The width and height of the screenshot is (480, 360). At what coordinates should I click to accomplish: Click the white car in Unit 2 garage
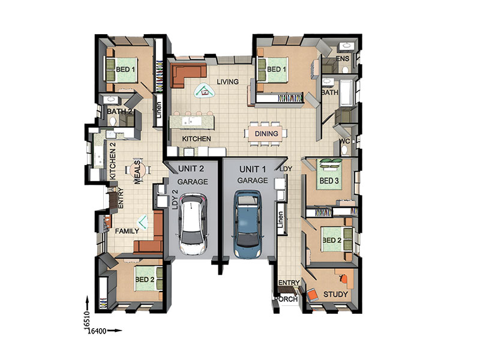click(193, 224)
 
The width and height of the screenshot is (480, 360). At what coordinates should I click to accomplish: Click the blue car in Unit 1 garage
click(248, 224)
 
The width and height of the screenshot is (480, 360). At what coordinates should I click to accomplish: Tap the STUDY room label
click(335, 295)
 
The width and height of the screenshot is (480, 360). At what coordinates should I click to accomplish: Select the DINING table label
click(266, 134)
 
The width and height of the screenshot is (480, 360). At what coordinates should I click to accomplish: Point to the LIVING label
click(227, 82)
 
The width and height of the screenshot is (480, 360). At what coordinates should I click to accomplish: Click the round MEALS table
click(137, 170)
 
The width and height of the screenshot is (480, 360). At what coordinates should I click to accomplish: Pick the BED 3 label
click(329, 181)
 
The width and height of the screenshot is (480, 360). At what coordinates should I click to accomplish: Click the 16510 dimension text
click(86, 320)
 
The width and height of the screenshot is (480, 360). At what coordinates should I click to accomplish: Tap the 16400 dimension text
click(97, 331)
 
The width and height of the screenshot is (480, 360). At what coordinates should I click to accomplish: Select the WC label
click(344, 141)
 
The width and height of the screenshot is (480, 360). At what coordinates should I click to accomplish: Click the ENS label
click(343, 58)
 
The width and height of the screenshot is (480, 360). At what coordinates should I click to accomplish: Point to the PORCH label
click(286, 299)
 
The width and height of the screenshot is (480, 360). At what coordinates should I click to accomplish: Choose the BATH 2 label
click(119, 112)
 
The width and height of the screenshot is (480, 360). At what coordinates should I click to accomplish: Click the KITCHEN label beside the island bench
click(197, 139)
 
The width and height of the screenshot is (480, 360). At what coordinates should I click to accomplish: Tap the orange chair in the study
click(313, 295)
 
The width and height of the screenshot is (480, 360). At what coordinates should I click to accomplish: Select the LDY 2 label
click(175, 200)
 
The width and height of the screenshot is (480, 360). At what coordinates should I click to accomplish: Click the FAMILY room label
click(127, 232)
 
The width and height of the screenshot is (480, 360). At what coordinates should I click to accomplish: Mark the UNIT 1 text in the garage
click(253, 169)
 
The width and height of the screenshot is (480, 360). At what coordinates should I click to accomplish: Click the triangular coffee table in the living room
click(204, 91)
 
